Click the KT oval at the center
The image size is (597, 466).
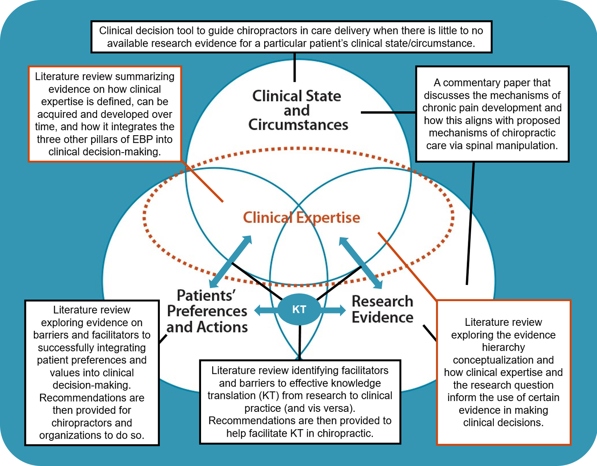[299, 309]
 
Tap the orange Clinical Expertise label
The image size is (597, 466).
[301, 217]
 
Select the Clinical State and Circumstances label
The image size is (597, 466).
[298, 110]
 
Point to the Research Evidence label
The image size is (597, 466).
[382, 309]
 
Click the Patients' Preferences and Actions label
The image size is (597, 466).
[207, 311]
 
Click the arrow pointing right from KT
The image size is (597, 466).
[334, 310]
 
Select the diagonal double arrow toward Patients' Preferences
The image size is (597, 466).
[230, 261]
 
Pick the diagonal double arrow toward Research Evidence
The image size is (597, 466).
[361, 263]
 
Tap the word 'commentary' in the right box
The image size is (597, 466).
[481, 83]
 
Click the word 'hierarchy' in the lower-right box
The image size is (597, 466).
[503, 347]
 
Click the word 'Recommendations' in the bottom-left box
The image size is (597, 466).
[92, 398]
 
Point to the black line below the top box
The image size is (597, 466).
[295, 67]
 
